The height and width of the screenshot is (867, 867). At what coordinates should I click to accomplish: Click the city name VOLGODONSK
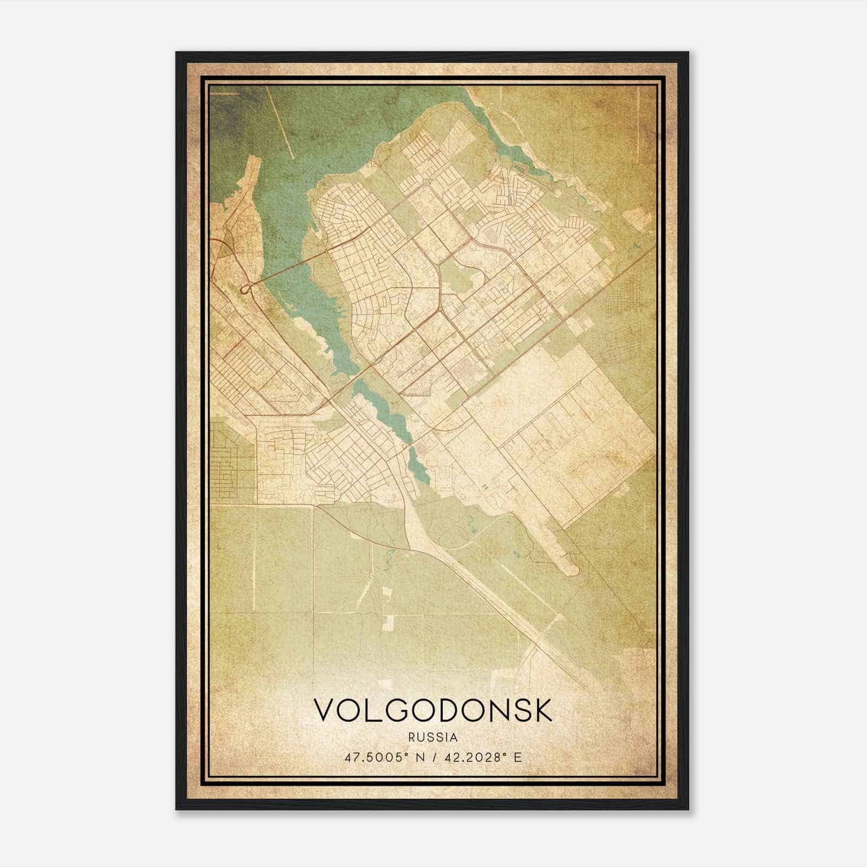click(433, 710)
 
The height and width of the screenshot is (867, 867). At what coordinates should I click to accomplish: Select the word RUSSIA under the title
click(433, 737)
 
